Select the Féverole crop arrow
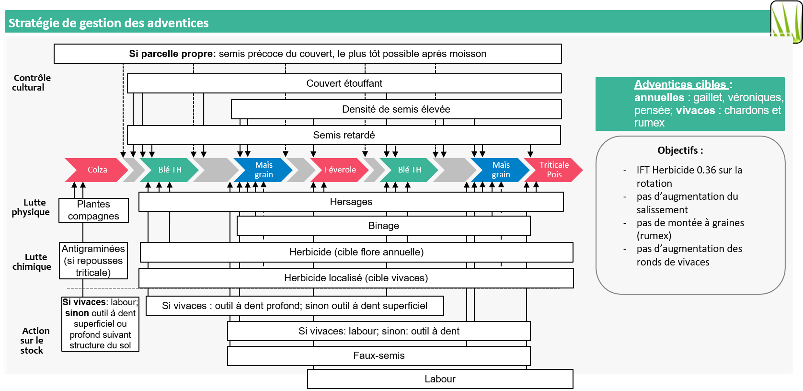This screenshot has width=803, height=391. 340,170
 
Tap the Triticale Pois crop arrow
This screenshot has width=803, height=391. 554,170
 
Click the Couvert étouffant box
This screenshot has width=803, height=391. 344,83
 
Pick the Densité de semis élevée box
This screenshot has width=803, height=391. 396,109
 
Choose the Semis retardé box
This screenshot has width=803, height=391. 344,135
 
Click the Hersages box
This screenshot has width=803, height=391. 351,202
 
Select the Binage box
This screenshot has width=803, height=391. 383,226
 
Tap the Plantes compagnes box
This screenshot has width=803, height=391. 93,210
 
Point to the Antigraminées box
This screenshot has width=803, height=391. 93,261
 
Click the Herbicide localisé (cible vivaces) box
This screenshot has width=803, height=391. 356,278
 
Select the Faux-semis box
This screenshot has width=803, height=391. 379,356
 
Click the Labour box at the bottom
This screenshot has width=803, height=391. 440,379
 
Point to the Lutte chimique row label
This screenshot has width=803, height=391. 32,262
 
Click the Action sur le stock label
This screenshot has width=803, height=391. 33,340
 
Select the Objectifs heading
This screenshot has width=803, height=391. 680,150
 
